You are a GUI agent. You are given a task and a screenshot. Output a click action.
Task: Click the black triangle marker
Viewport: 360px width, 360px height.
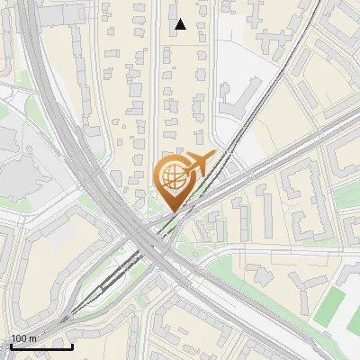pos(181,24)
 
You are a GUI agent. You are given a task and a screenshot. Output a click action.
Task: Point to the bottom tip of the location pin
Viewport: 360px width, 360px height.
pos(171,210)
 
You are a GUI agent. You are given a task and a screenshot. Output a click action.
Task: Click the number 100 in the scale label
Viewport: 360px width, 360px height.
pos(20,337)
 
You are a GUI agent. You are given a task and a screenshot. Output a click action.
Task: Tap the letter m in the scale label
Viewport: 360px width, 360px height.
pos(33,337)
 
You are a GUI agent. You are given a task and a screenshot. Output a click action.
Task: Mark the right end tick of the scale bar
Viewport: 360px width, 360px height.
pos(72,346)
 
